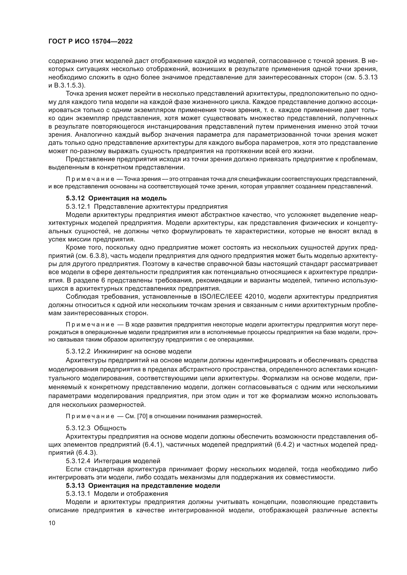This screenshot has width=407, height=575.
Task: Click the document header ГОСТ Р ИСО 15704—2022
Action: [x=90, y=41]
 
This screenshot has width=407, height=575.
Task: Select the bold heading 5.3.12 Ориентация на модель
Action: [x=116, y=198]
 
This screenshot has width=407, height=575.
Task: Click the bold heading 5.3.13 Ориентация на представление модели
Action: [x=143, y=486]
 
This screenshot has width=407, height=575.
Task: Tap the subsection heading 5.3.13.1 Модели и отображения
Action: [x=117, y=494]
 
